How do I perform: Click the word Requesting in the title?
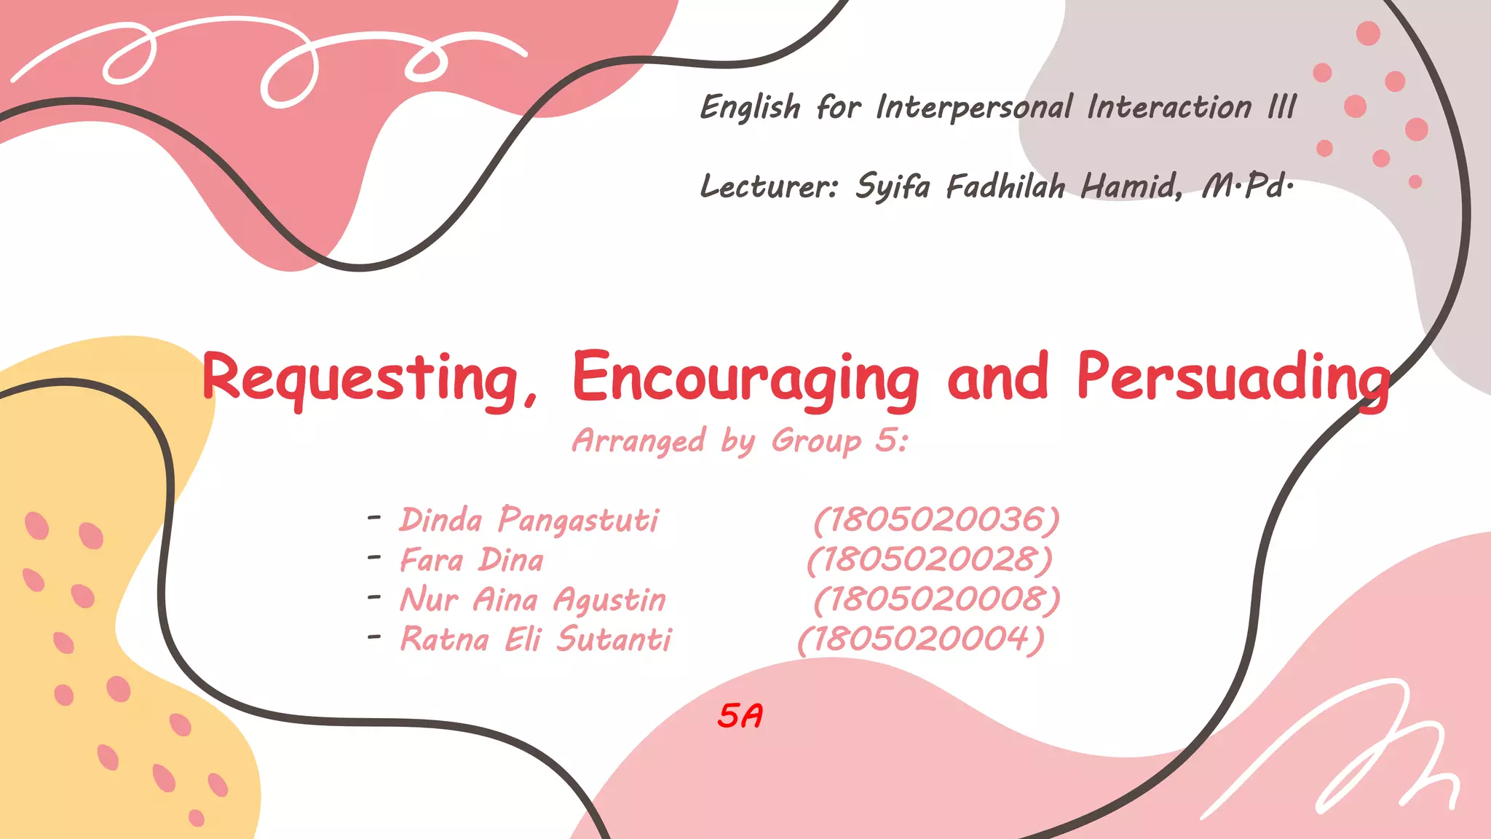(x=370, y=379)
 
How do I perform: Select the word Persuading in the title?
(x=1233, y=379)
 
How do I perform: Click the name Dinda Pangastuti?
(x=529, y=520)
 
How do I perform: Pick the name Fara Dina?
(x=472, y=560)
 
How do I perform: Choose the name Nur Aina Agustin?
(x=533, y=600)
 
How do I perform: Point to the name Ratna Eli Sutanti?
(x=536, y=639)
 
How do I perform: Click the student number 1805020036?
(x=936, y=520)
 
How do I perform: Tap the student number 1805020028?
(x=930, y=560)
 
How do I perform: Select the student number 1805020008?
(x=937, y=600)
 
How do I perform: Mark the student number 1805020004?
(x=921, y=639)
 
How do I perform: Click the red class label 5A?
(x=740, y=716)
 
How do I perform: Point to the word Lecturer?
(x=769, y=186)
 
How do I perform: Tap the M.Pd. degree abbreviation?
(x=1246, y=186)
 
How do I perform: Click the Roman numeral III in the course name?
(x=1282, y=108)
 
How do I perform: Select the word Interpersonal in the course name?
(x=974, y=108)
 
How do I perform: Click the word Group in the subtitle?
(x=816, y=441)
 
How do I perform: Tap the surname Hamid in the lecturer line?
(x=1130, y=186)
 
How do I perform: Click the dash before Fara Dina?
(x=375, y=558)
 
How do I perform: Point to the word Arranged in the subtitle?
(x=639, y=441)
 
